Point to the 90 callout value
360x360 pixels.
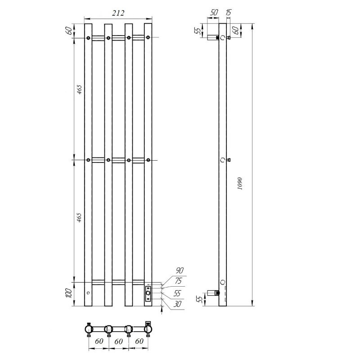tap(180, 270)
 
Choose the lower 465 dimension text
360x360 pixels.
tap(79, 219)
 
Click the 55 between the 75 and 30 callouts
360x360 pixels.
tap(178, 293)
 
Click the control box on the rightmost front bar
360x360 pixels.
tap(148, 292)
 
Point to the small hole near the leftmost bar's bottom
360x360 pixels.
tap(88, 293)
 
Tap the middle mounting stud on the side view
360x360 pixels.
tap(228, 160)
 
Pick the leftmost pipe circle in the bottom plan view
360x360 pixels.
tap(89, 330)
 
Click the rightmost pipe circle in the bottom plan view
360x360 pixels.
tap(148, 330)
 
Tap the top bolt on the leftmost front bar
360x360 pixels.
tap(88, 37)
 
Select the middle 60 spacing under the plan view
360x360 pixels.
tap(118, 342)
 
